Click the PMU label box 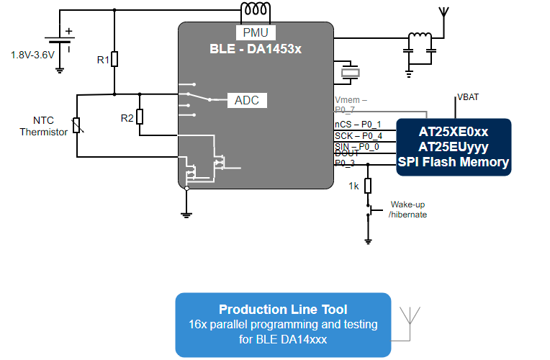pos(255,32)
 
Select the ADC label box pos(247,100)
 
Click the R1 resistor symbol pos(114,59)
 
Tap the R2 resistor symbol pos(140,117)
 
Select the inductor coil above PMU pos(256,10)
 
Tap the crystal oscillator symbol pos(350,72)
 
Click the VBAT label pos(469,97)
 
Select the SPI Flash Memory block pos(454,147)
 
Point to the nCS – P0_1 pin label pos(358,125)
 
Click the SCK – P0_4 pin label pos(359,135)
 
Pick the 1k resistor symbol pos(368,186)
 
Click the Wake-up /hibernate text pos(408,210)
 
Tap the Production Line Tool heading pos(283,310)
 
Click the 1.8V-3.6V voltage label pos(32,55)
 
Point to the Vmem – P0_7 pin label pos(351,104)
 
